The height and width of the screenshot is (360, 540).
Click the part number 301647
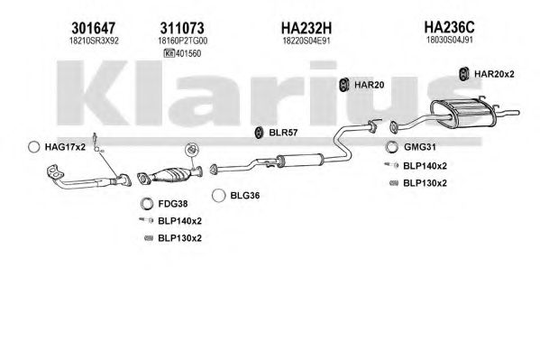click(94, 28)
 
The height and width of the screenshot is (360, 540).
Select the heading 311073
click(182, 28)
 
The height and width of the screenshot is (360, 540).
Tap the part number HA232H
click(307, 28)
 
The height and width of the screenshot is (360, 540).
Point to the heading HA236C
click(450, 26)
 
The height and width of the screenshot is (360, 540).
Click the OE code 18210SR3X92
click(94, 41)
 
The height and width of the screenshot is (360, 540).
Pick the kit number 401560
click(188, 54)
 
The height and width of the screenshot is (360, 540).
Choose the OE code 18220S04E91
click(307, 41)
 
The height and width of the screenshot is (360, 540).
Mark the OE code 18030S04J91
click(450, 40)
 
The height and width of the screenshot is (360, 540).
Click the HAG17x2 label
click(65, 147)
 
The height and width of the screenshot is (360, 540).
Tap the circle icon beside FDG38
click(147, 204)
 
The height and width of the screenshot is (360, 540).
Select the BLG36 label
click(245, 196)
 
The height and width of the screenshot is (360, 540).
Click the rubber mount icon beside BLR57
click(259, 133)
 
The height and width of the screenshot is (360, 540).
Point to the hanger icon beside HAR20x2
click(464, 74)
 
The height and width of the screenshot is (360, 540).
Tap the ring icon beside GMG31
click(391, 147)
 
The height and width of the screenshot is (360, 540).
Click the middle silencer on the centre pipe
click(299, 160)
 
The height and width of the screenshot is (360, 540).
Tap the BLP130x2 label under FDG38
click(179, 238)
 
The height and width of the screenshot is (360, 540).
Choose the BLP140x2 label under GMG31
click(425, 166)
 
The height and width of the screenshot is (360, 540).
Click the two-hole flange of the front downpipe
click(54, 172)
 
